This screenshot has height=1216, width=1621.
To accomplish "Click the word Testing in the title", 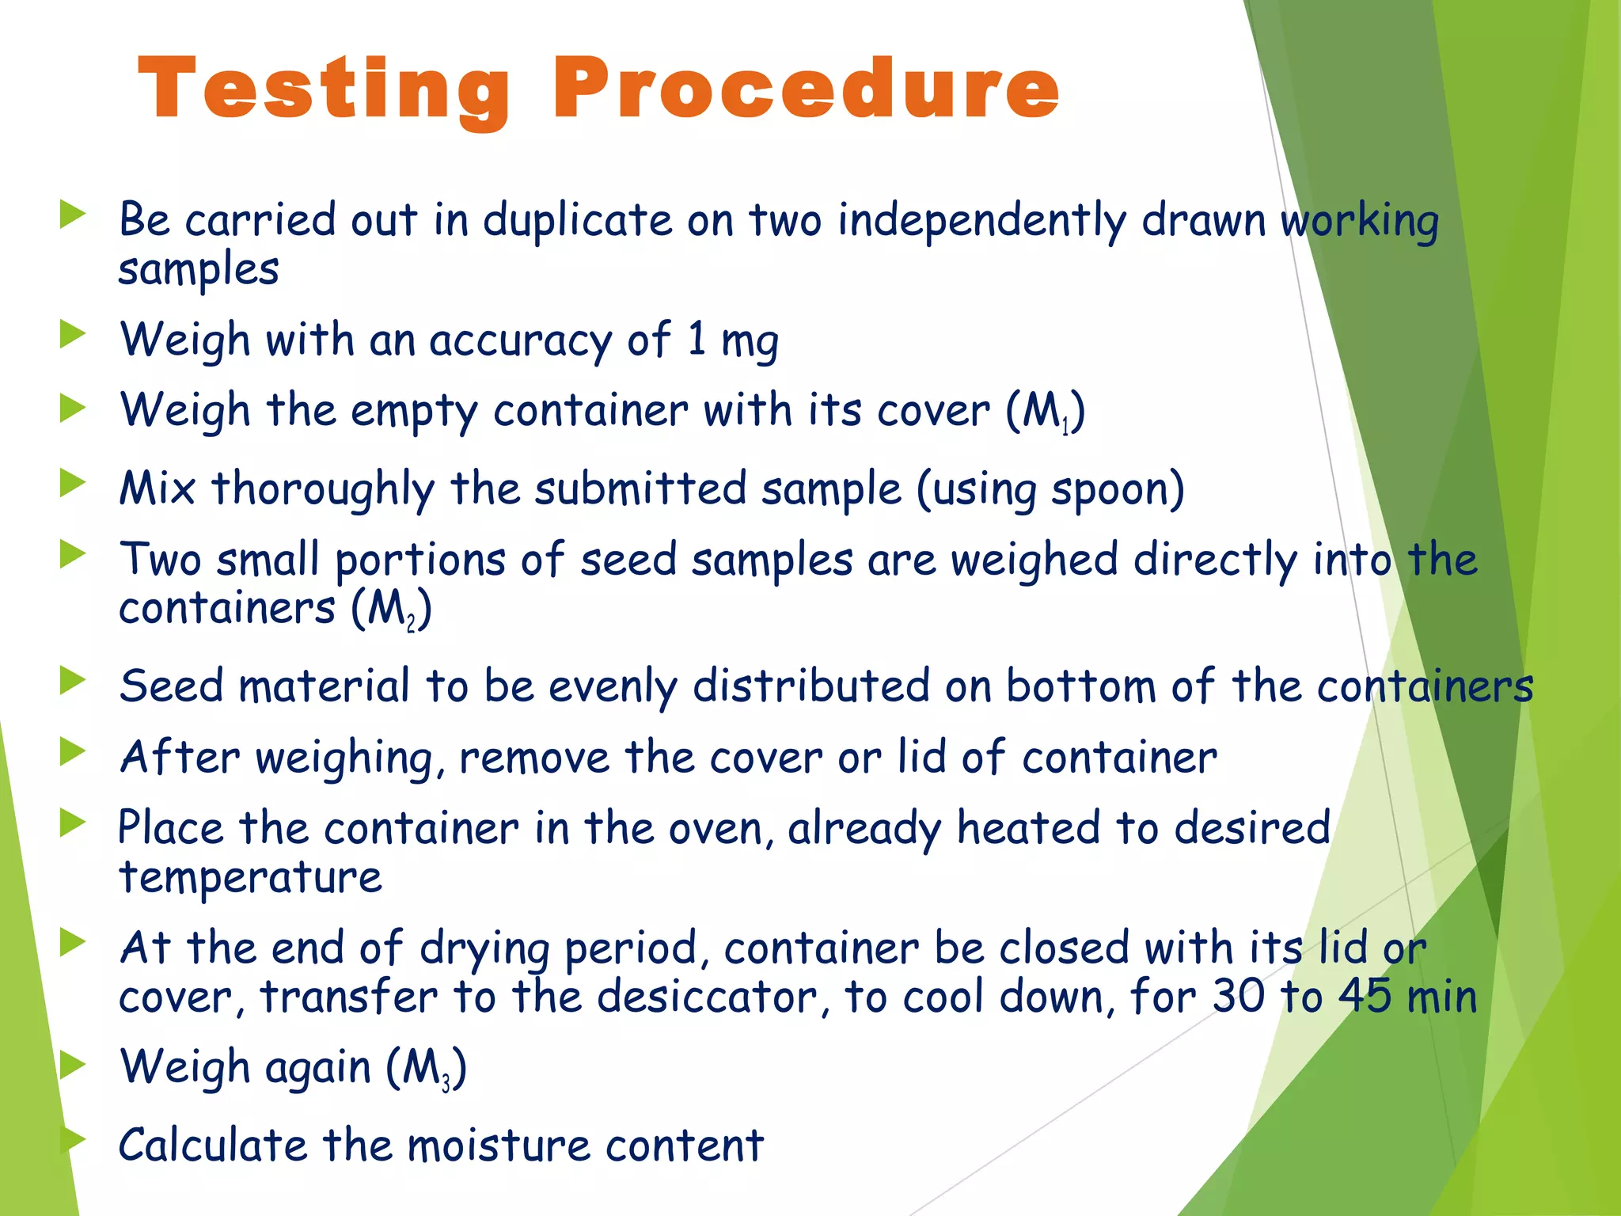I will pos(323,89).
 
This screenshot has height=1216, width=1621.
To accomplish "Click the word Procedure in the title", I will pos(806,89).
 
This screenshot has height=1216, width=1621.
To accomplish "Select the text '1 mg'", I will pos(733,340).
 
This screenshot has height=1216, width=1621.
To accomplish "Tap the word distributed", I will pos(811,686).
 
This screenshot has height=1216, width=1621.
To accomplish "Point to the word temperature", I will pos(250,877).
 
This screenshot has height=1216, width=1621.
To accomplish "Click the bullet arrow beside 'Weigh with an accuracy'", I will pos(72,335).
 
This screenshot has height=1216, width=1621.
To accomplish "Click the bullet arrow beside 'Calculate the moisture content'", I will pos(72,1140).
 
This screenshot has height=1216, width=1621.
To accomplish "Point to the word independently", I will pos(981,220).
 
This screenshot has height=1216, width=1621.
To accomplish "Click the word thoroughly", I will pos(323,489).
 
